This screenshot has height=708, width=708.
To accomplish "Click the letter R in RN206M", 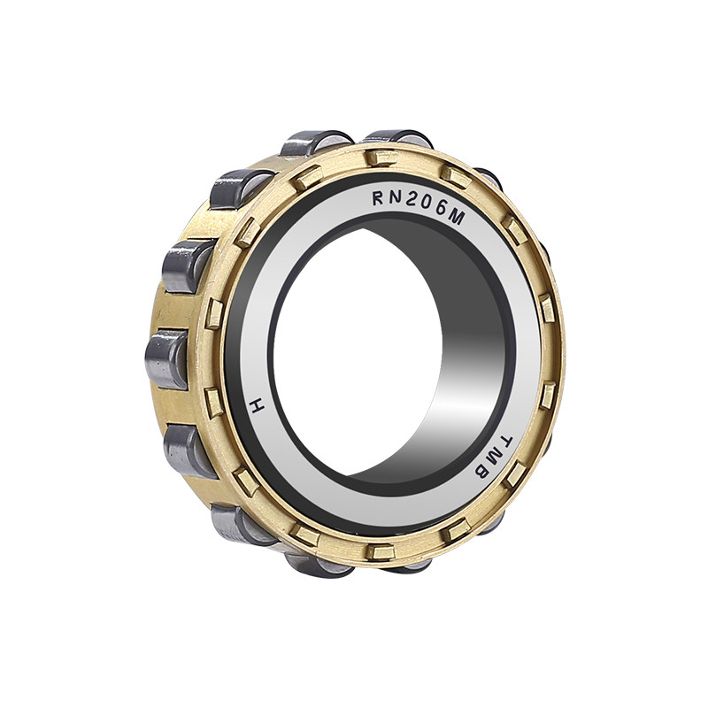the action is click(x=378, y=197).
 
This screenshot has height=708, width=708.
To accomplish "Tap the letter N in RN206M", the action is click(x=395, y=197).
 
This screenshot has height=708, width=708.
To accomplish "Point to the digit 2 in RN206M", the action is click(x=412, y=201).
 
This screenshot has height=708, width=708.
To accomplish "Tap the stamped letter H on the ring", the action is click(x=257, y=406).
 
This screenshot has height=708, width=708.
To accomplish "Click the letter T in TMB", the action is click(x=506, y=442).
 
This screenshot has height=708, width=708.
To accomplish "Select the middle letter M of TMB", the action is click(x=495, y=458).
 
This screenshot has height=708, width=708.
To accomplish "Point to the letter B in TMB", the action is click(x=481, y=473).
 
